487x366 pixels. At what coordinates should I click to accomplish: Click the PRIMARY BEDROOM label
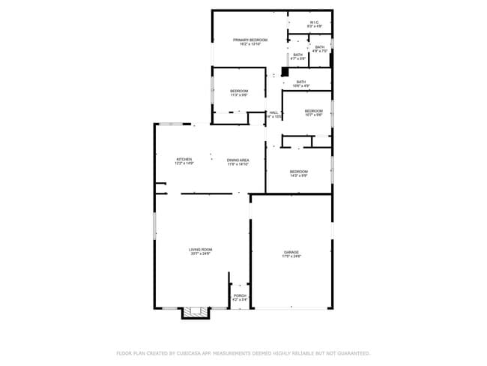(x=249, y=39)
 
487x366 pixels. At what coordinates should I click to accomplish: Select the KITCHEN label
(x=184, y=159)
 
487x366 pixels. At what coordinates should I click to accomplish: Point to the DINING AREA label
(x=238, y=160)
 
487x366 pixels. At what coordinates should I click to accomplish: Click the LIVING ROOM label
(x=200, y=249)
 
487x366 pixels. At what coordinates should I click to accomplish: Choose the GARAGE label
(x=291, y=252)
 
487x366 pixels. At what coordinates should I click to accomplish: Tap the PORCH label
(x=240, y=295)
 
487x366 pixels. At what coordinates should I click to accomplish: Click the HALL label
(x=274, y=112)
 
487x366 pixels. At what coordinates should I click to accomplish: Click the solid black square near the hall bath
(x=285, y=72)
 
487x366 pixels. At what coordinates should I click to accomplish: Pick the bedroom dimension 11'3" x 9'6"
(x=239, y=95)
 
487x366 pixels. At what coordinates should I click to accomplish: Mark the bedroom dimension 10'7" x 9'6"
(x=313, y=115)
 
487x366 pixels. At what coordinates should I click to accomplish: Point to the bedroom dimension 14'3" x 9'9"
(x=299, y=176)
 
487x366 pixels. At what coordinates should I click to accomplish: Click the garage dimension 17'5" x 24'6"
(x=291, y=256)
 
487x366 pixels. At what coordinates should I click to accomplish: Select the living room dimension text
(x=200, y=253)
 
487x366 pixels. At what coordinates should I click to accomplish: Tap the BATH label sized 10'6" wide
(x=301, y=82)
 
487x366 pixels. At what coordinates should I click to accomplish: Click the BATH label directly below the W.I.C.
(x=320, y=47)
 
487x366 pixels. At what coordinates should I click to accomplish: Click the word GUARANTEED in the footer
(x=352, y=352)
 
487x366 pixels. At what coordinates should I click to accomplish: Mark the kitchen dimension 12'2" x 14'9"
(x=184, y=163)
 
